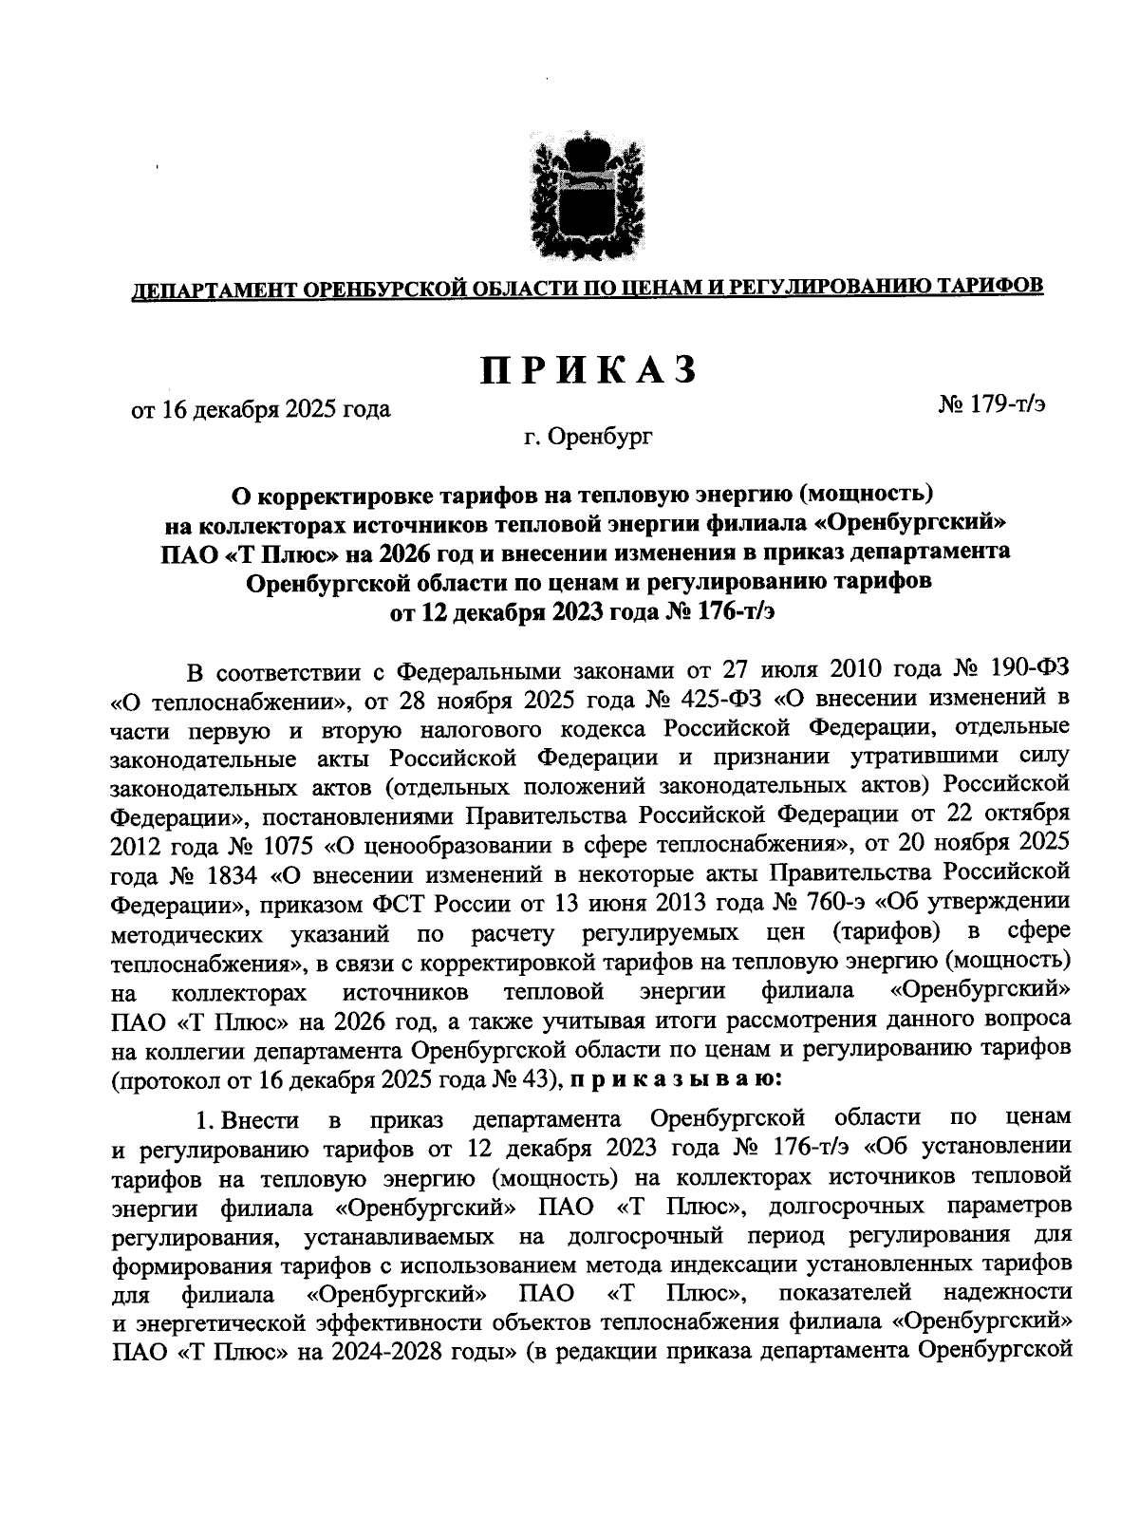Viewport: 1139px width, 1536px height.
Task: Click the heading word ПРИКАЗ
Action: pos(588,370)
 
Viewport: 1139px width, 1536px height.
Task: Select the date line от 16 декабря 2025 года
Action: pos(261,410)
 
